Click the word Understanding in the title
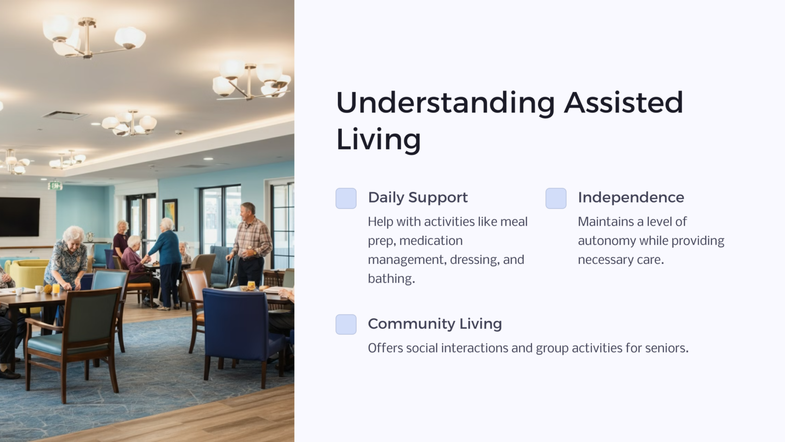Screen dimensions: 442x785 click(x=445, y=102)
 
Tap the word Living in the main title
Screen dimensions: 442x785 click(x=378, y=139)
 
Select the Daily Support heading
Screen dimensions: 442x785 click(x=418, y=197)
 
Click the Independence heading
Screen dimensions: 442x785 click(x=631, y=197)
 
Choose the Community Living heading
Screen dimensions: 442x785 click(x=434, y=324)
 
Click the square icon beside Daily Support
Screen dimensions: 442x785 click(x=346, y=198)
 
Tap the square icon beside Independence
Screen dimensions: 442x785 click(x=556, y=198)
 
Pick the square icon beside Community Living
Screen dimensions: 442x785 click(x=346, y=325)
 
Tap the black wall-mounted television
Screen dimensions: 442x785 click(x=19, y=217)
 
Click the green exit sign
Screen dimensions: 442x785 click(x=55, y=185)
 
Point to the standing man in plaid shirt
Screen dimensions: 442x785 click(x=251, y=243)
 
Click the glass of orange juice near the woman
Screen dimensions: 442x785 click(x=56, y=289)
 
